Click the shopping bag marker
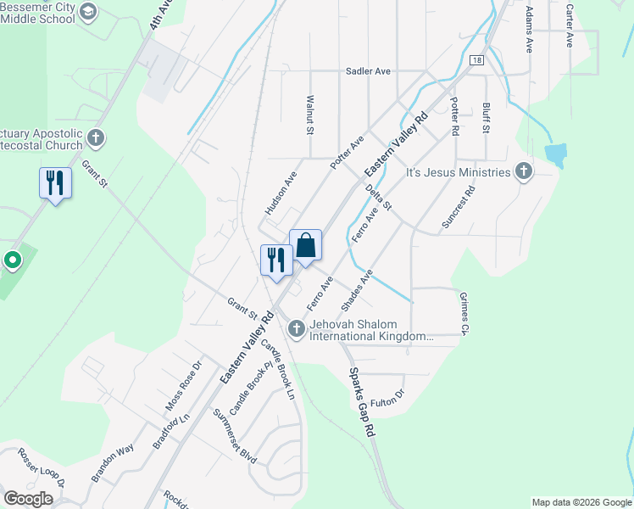tap(305, 247)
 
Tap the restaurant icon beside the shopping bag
tap(275, 260)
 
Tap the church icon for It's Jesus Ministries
tap(524, 172)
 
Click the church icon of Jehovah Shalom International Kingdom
tap(297, 327)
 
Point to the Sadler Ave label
tap(368, 72)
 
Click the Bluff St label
tap(486, 119)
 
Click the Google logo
tap(28, 499)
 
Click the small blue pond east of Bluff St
tap(556, 154)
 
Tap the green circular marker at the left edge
tap(12, 260)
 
